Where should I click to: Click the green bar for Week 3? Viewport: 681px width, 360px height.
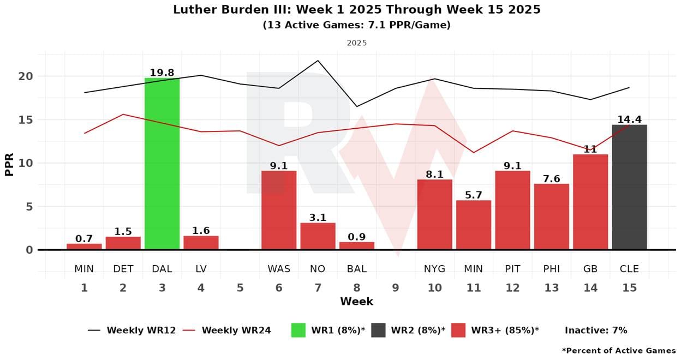(x=162, y=164)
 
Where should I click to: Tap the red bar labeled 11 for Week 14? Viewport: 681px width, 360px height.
(x=590, y=202)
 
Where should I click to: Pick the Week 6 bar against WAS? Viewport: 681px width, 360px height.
(x=279, y=210)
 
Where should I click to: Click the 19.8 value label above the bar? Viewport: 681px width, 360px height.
(x=162, y=73)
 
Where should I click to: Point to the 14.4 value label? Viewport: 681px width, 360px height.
(x=630, y=119)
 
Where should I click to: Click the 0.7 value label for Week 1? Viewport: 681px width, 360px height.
(x=84, y=238)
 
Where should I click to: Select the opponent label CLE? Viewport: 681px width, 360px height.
(x=629, y=268)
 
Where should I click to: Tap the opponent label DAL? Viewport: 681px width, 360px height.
(x=162, y=268)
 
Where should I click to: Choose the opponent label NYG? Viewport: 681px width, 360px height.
(x=434, y=268)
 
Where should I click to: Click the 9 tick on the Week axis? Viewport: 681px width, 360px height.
(x=396, y=287)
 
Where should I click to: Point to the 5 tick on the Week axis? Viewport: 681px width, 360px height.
(x=240, y=287)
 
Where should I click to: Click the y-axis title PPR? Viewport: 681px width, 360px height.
(x=9, y=163)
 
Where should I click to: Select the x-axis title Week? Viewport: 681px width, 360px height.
(x=356, y=301)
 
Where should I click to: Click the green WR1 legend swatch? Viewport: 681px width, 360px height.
(x=298, y=330)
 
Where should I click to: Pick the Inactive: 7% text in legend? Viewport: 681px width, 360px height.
(x=596, y=330)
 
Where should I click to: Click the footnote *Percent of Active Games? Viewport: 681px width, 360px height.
(x=619, y=350)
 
